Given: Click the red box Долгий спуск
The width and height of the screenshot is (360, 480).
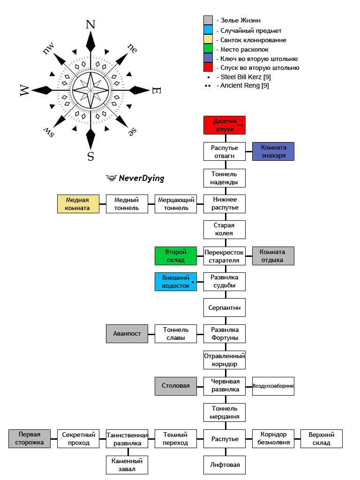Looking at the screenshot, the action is (225, 125).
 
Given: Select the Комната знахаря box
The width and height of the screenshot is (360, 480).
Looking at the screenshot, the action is (273, 151).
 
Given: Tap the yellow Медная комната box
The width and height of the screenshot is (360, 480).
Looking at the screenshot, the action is (78, 204).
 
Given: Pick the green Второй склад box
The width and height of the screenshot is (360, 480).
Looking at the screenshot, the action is (176, 256).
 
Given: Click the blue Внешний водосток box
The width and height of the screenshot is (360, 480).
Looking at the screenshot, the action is (176, 282).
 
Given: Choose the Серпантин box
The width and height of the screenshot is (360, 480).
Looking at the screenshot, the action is (225, 307).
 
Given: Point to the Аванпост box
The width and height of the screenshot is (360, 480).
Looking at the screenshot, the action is (127, 334).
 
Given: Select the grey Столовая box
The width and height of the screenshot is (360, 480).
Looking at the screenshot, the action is (176, 386).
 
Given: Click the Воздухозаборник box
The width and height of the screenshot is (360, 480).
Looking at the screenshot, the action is (273, 386).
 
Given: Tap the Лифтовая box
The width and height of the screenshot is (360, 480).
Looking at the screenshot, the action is (225, 465).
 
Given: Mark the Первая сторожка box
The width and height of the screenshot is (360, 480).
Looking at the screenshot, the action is (30, 439).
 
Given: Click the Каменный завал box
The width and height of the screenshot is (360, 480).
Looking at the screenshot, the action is (127, 465).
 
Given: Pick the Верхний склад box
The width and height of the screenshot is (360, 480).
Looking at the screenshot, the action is (322, 439).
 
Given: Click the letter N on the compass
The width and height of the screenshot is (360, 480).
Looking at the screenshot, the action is (90, 24).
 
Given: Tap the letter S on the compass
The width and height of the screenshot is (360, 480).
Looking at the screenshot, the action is (90, 157).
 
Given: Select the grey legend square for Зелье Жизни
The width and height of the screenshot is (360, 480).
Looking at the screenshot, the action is (208, 20).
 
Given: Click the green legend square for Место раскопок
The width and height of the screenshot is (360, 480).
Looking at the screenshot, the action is (208, 48).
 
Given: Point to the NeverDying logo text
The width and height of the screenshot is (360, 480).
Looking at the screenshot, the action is (142, 178).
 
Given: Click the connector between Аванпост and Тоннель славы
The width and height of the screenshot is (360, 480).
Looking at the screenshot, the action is (151, 334).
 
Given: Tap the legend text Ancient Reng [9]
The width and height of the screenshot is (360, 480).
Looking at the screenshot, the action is (245, 85).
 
